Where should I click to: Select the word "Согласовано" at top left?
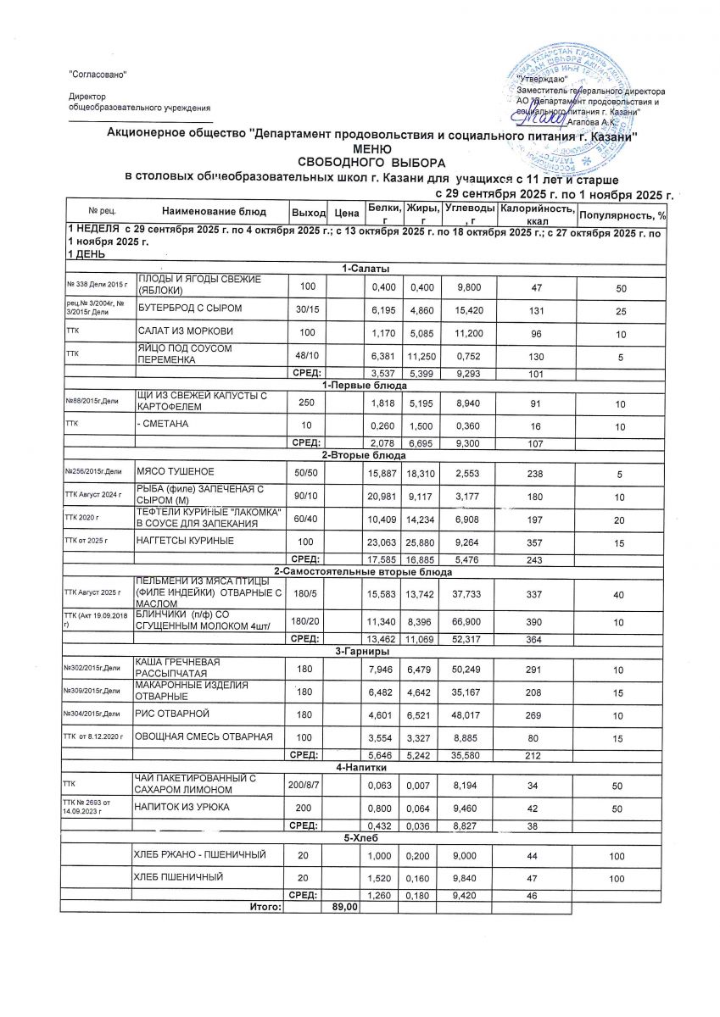(98, 75)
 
